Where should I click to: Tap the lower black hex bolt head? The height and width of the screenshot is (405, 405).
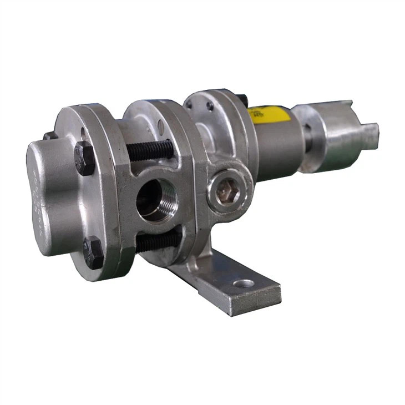93,252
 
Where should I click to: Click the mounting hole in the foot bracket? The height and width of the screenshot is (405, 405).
244,283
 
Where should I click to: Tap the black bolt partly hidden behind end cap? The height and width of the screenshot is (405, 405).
49,135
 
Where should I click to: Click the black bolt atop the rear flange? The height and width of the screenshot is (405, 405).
242,99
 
